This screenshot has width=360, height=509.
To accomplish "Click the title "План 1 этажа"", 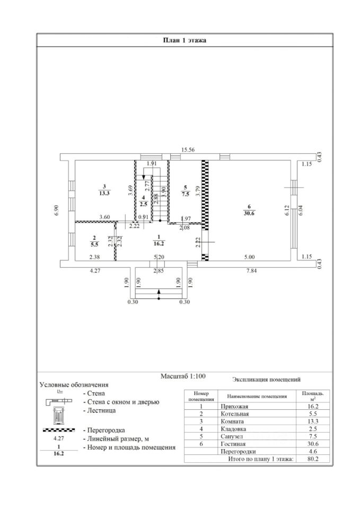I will point(184,40).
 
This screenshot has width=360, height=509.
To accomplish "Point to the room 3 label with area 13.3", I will point(104,189).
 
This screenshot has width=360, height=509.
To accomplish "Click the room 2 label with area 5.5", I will point(94,242).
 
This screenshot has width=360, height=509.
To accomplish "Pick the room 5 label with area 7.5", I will point(185,191).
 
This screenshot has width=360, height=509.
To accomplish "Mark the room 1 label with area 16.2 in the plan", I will point(158,242).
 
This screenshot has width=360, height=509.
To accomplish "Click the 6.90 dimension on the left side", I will point(56,210).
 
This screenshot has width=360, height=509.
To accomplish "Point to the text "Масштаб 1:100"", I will point(183,376).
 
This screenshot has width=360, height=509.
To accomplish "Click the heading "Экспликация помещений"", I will point(266,380).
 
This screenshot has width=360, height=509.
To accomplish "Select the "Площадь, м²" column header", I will point(311,396).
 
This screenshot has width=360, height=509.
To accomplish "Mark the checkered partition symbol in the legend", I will point(62,430).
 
